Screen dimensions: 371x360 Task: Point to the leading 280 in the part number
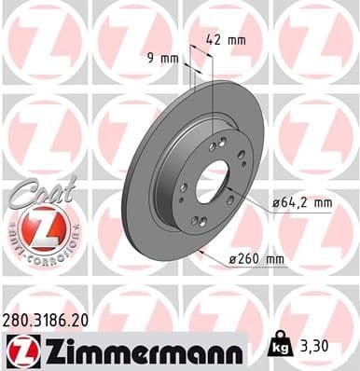(19, 319)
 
